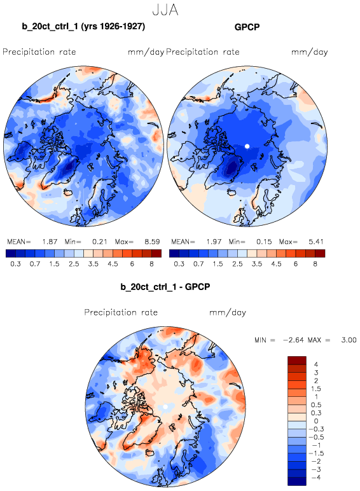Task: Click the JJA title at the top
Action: coord(165,10)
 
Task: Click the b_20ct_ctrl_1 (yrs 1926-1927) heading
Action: coord(83,26)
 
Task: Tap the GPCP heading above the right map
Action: coord(247,27)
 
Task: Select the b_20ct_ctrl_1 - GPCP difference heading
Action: coord(165,286)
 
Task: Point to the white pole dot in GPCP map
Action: coord(247,146)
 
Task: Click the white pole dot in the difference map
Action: coord(165,406)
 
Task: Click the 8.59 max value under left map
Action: coord(152,242)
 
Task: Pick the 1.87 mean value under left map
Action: coord(50,242)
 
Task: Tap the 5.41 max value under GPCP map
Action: coord(315,242)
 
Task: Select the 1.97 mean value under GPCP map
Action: coord(214,242)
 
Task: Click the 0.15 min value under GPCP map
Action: coord(264,242)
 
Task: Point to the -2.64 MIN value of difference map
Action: coord(293,340)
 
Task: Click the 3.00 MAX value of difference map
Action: coord(349,340)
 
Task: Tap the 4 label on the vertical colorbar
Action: coord(316,364)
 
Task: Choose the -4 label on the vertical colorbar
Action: coord(316,478)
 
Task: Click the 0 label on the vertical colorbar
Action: coord(316,421)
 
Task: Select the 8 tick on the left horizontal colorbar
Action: coord(152,264)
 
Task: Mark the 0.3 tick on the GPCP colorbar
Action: coord(179,264)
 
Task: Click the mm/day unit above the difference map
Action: coord(228,312)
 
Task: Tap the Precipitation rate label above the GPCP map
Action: coord(202,52)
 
